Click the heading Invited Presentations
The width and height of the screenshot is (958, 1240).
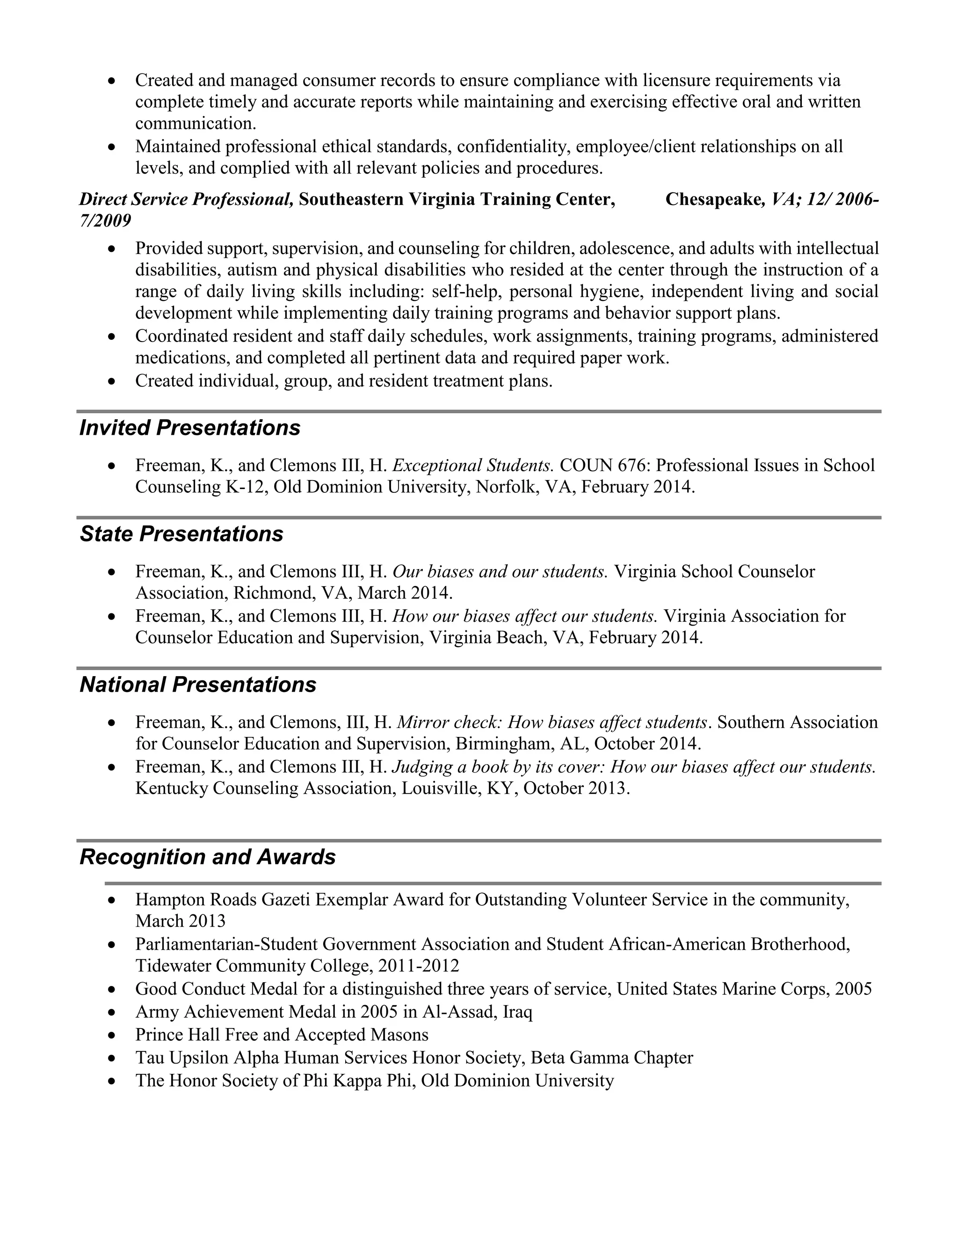(x=189, y=428)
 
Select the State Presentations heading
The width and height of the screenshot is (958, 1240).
(x=181, y=534)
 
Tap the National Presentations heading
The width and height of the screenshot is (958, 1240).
(x=197, y=685)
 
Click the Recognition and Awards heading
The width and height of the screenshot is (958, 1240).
(x=207, y=857)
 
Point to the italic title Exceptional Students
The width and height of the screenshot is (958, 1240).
(x=472, y=466)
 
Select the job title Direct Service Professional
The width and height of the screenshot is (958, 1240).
(x=186, y=199)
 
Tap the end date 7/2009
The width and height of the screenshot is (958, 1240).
(x=105, y=221)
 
